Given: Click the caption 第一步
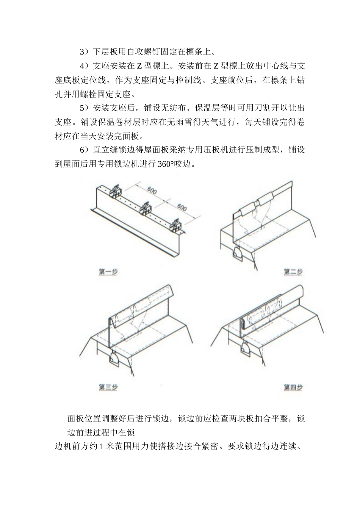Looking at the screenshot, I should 108,272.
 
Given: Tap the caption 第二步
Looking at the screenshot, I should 293,272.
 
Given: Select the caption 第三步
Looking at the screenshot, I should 108,387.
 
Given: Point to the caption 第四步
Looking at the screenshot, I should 293,387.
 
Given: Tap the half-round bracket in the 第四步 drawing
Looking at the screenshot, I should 245,347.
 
